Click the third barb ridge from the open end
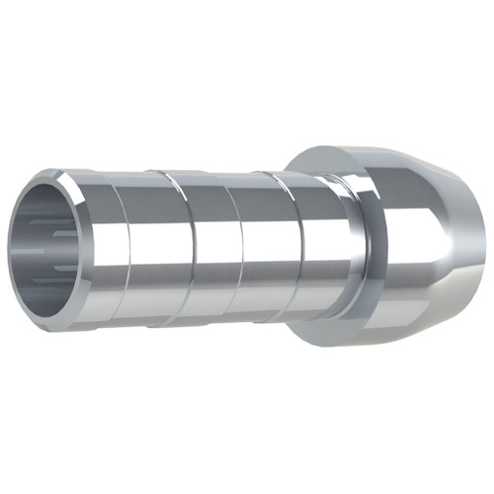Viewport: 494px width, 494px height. point(237,247)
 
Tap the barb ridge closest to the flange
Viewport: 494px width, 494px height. point(296,247)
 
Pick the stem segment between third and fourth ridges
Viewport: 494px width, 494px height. point(267,247)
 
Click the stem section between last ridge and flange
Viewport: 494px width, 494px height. point(326,247)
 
